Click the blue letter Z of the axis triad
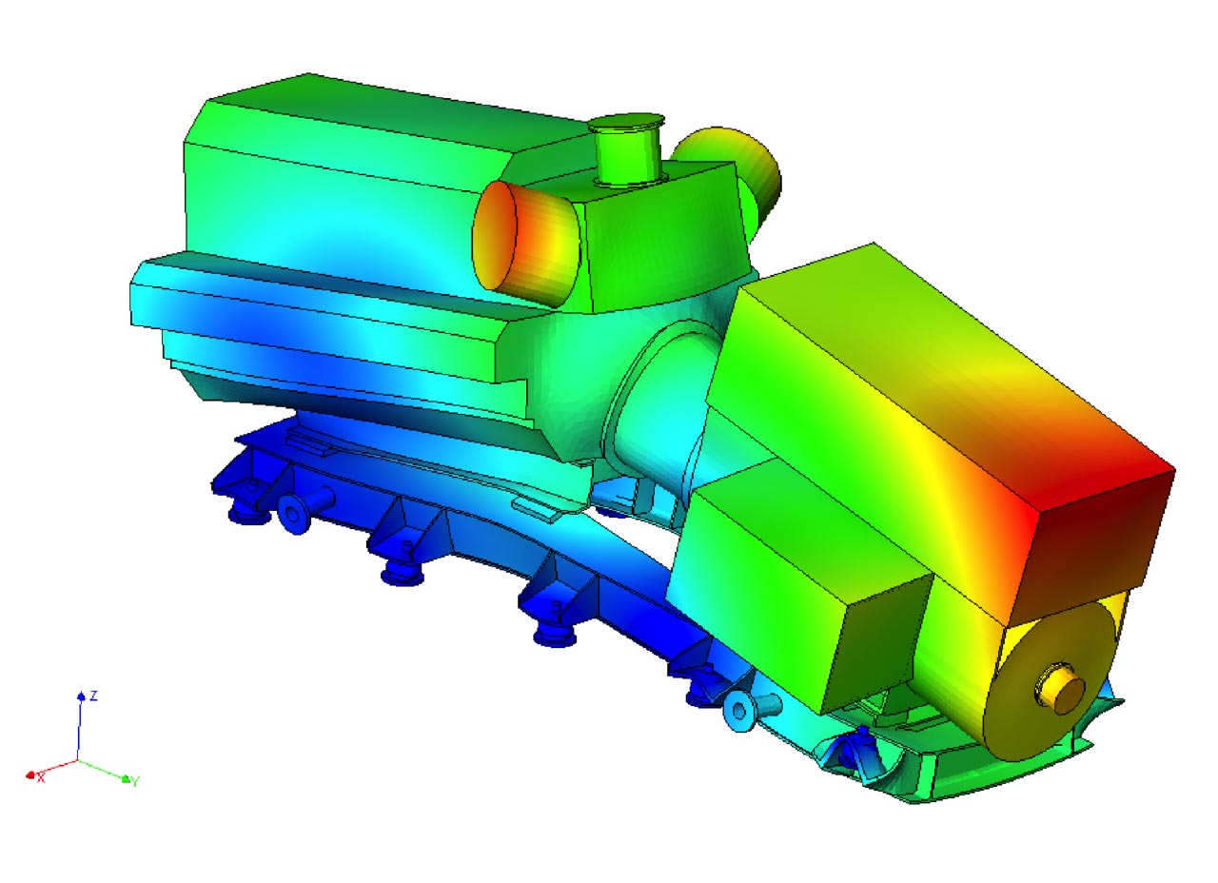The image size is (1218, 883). coord(94,696)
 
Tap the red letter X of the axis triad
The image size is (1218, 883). coord(41,778)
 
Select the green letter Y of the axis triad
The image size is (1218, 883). coord(135,781)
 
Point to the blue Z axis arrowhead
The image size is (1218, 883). coord(81,696)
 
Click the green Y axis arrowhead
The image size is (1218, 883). coord(127,779)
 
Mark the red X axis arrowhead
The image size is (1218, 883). coord(31,775)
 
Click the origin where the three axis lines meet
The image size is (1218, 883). coord(77,760)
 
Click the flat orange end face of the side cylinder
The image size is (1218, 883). coord(494,235)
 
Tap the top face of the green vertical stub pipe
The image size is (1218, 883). coord(626,123)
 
